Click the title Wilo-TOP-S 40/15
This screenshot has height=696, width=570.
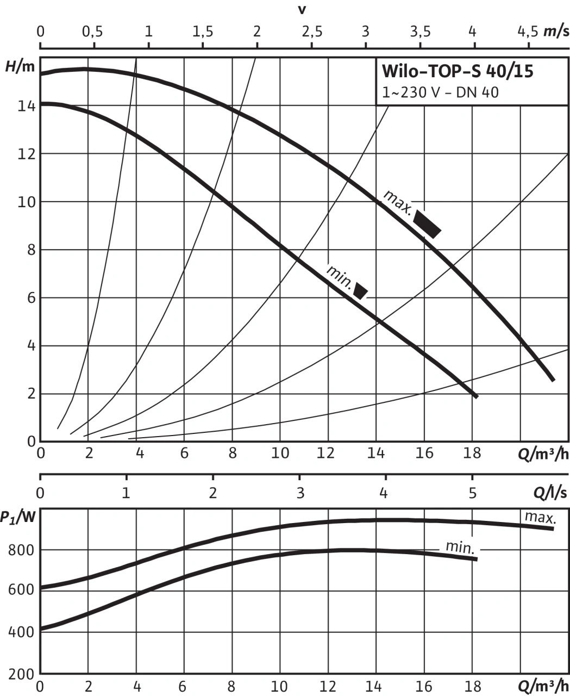pos(457,72)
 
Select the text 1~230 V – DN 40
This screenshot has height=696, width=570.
pos(440,92)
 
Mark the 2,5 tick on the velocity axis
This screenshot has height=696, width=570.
pos(311,31)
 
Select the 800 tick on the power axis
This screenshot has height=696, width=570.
pos(21,550)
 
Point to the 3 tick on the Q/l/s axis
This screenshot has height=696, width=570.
pos(300,493)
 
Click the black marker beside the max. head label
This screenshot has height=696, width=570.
pos(427,223)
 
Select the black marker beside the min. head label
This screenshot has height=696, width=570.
pos(360,290)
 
